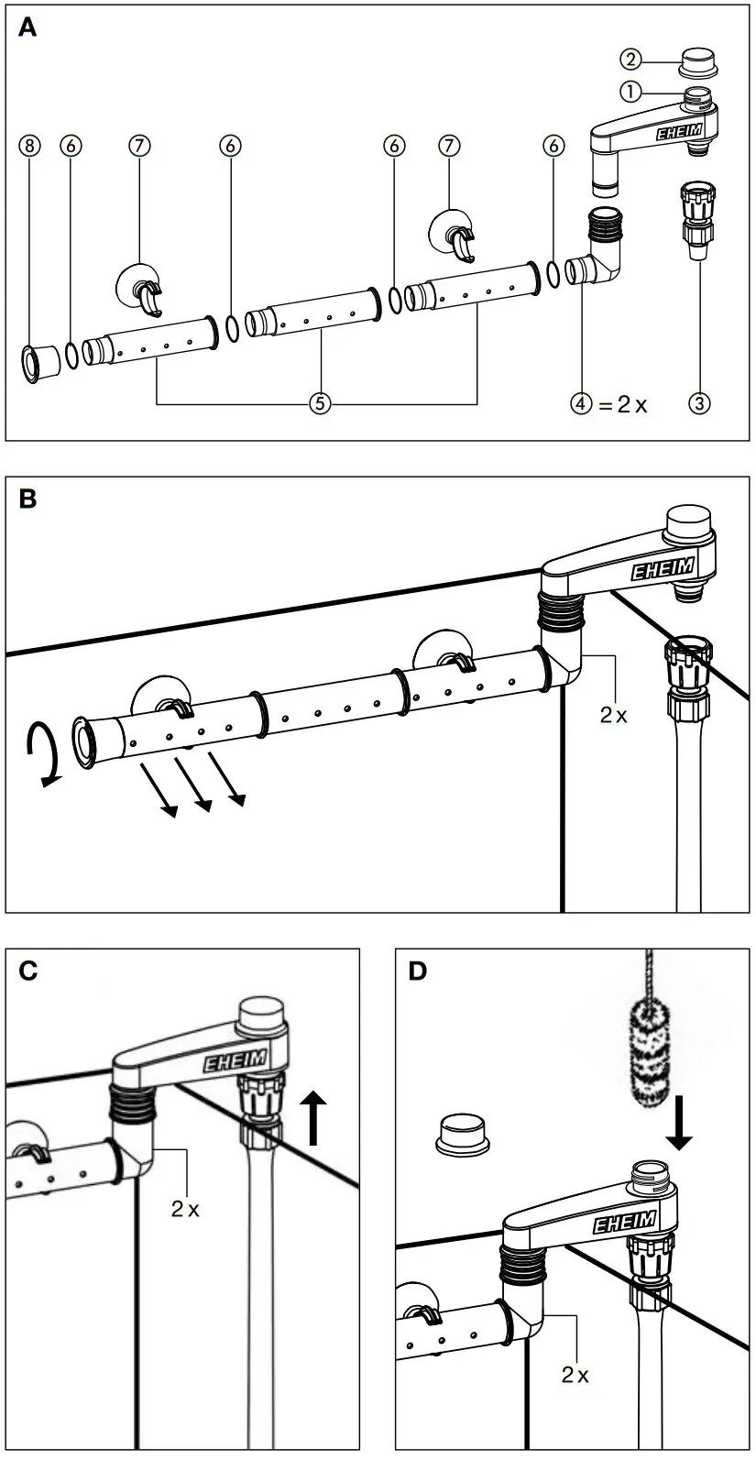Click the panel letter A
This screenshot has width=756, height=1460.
pyautogui.click(x=28, y=28)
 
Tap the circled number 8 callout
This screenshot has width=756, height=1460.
pyautogui.click(x=31, y=146)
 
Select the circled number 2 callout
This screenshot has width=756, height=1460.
pyautogui.click(x=630, y=60)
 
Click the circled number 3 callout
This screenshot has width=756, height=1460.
pyautogui.click(x=699, y=403)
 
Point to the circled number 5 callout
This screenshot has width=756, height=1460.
pyautogui.click(x=317, y=403)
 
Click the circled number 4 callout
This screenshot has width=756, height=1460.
pyautogui.click(x=581, y=403)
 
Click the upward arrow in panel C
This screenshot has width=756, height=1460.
pyautogui.click(x=314, y=1116)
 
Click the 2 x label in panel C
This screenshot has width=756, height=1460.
pyautogui.click(x=185, y=1210)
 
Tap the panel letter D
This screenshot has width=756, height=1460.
pyautogui.click(x=418, y=972)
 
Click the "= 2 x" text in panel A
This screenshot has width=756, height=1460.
pyautogui.click(x=622, y=403)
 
